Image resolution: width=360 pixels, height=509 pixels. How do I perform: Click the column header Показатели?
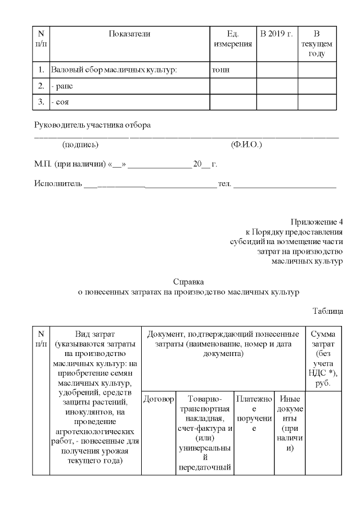(x=129, y=34)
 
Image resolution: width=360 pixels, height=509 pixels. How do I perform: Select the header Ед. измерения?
(x=232, y=39)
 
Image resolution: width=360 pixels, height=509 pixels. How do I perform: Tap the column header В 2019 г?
(x=277, y=34)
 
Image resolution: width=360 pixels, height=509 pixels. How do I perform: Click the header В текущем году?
(x=317, y=44)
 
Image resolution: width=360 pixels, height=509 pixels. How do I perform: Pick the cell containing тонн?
(x=221, y=70)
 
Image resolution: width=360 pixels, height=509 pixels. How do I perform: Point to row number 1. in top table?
(x=41, y=70)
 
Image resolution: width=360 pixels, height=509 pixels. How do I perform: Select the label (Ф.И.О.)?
(x=246, y=145)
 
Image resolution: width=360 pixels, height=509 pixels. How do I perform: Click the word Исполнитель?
(x=58, y=184)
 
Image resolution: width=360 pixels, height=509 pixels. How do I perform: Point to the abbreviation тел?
(x=224, y=184)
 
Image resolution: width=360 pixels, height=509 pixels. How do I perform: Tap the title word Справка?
(x=188, y=281)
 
